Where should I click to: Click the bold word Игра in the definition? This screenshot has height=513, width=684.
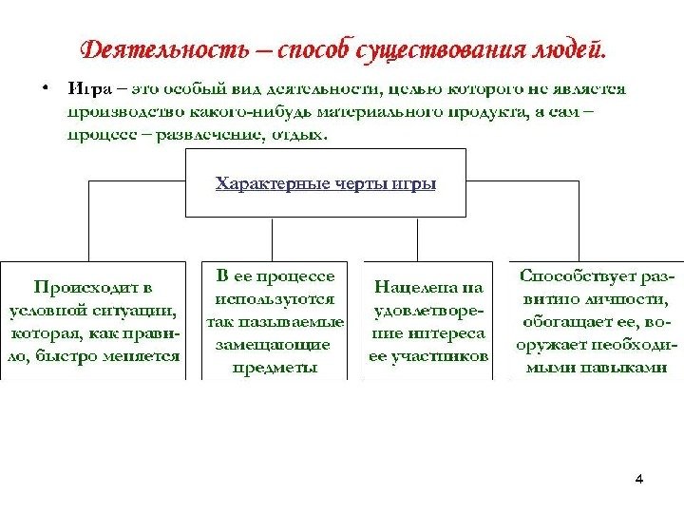tap(88, 90)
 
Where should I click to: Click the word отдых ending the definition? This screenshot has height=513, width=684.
tap(302, 134)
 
